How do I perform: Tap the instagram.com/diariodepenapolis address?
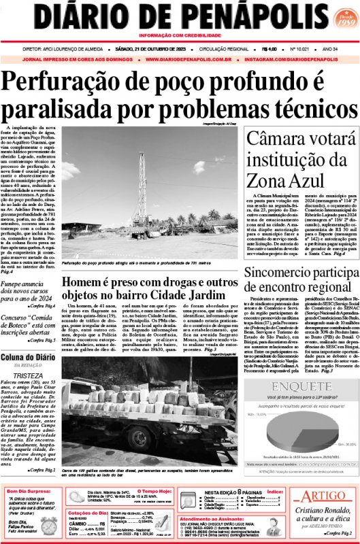299,59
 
